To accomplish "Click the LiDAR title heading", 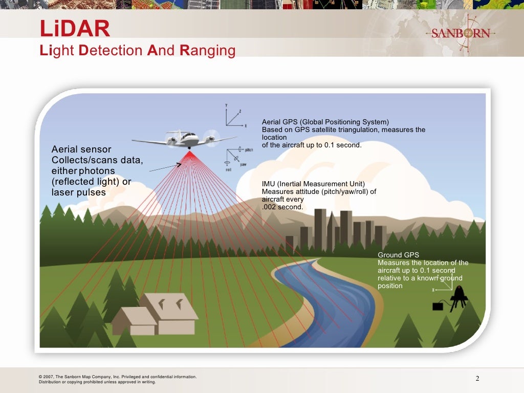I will pyautogui.click(x=75, y=29).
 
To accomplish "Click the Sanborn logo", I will pyautogui.click(x=461, y=34).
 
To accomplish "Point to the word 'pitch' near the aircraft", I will pyautogui.click(x=249, y=150).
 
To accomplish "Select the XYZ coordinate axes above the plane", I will pyautogui.click(x=233, y=117).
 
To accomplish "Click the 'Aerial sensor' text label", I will pyautogui.click(x=81, y=149).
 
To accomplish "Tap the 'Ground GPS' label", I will pyautogui.click(x=398, y=255).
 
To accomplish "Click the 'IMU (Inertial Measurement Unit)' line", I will pyautogui.click(x=313, y=184).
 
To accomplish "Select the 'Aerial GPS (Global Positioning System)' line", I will pyautogui.click(x=325, y=122).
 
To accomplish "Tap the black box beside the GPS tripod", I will pyautogui.click(x=438, y=307).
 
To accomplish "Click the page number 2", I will pyautogui.click(x=477, y=379).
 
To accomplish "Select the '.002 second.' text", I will pyautogui.click(x=282, y=207).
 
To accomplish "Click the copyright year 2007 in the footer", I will pyautogui.click(x=50, y=377).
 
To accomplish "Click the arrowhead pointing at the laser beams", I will pyautogui.click(x=179, y=164).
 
